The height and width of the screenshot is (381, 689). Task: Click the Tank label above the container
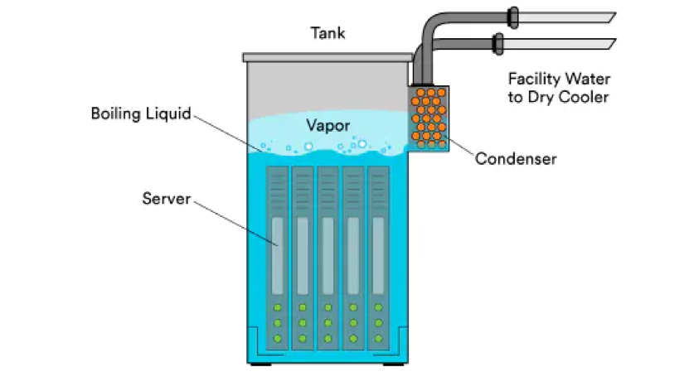[328, 33]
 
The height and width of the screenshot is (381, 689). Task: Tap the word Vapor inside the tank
[328, 126]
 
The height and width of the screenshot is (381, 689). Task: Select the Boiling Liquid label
[141, 113]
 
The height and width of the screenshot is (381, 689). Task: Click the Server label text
[166, 199]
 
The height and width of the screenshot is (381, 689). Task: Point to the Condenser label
[516, 158]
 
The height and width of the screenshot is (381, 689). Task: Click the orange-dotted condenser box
[429, 118]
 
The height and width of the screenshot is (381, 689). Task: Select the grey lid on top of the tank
[328, 57]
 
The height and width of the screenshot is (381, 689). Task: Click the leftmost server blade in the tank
[277, 258]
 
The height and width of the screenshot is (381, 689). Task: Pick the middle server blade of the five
[328, 258]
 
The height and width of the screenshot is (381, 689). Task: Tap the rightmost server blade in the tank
[378, 258]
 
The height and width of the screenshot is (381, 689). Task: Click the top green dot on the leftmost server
[277, 307]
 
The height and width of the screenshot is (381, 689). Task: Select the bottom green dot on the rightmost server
[378, 339]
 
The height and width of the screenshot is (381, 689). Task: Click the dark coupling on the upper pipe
[512, 18]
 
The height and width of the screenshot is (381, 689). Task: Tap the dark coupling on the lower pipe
[497, 44]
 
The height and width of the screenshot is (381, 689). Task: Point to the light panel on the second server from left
[303, 256]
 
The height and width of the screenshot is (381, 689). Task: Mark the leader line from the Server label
[236, 224]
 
